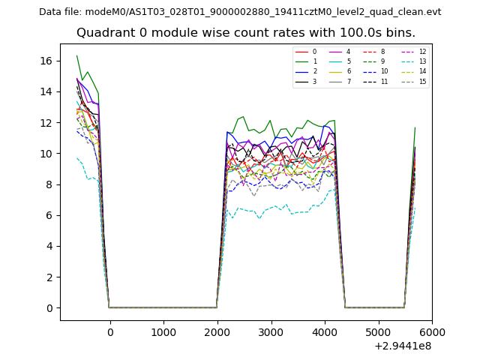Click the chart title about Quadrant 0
pyautogui.click(x=245, y=33)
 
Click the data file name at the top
pyautogui.click(x=240, y=12)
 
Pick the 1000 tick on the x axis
pyautogui.click(x=163, y=333)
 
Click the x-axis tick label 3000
pyautogui.click(x=271, y=333)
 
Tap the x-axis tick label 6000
pyautogui.click(x=431, y=333)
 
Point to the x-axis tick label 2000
pyautogui.click(x=217, y=333)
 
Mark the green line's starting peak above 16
pyautogui.click(x=76, y=55)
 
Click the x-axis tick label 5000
pyautogui.click(x=378, y=333)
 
